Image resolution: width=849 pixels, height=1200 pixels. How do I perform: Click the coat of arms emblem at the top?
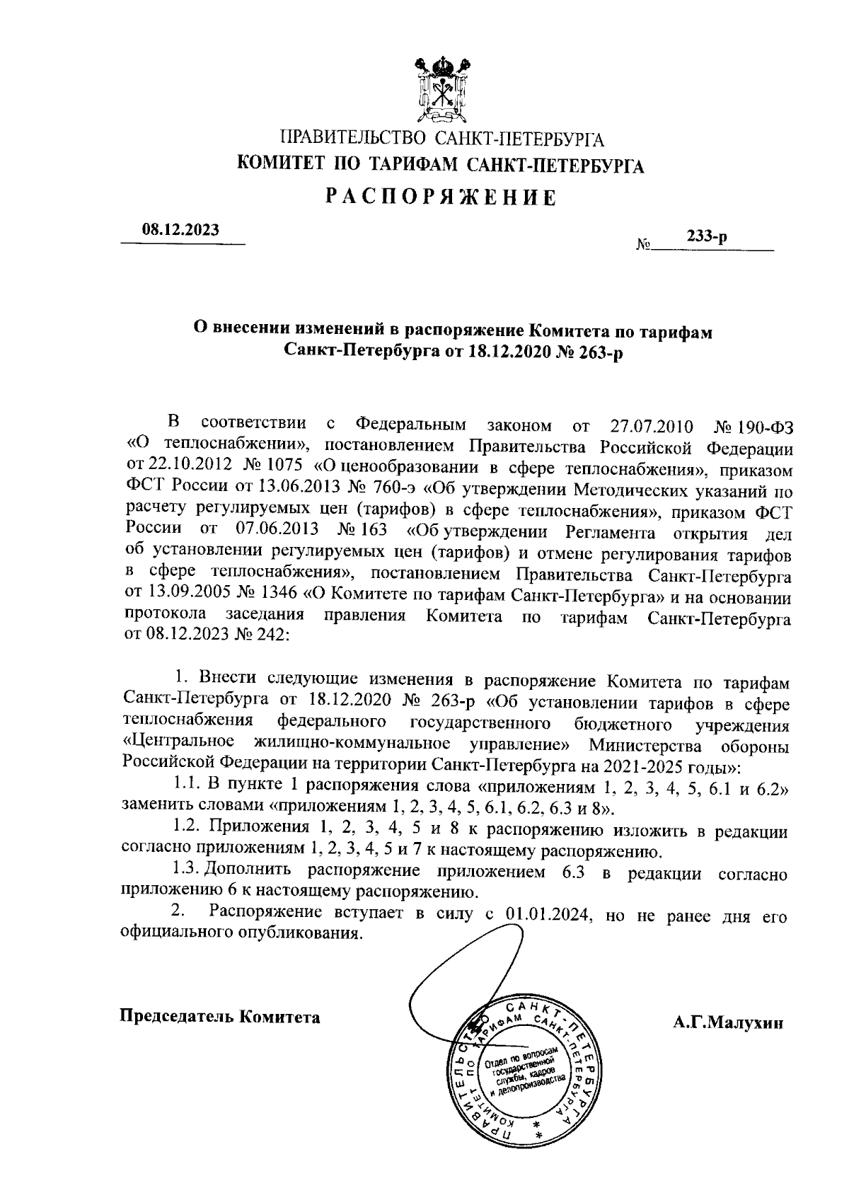(442, 91)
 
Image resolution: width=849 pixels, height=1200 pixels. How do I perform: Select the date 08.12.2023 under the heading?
(180, 229)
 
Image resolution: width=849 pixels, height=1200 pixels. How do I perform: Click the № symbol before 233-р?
(643, 246)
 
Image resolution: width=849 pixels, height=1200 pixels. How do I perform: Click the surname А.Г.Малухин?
(728, 1022)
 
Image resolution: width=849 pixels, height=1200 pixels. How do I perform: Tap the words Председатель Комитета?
(220, 1017)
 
